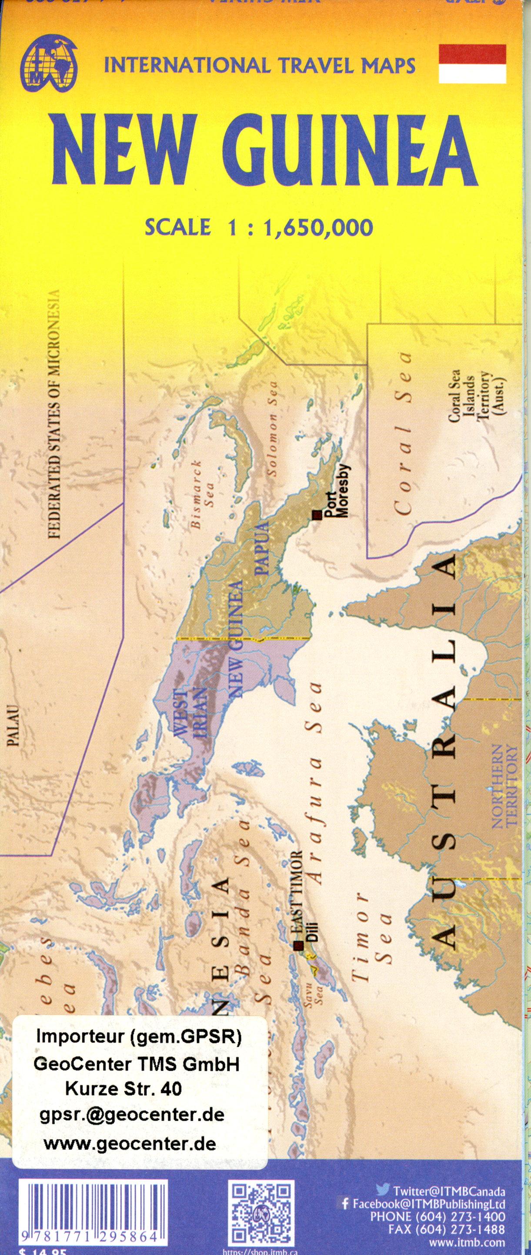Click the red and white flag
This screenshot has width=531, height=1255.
[472, 63]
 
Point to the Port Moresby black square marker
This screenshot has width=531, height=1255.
[318, 515]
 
